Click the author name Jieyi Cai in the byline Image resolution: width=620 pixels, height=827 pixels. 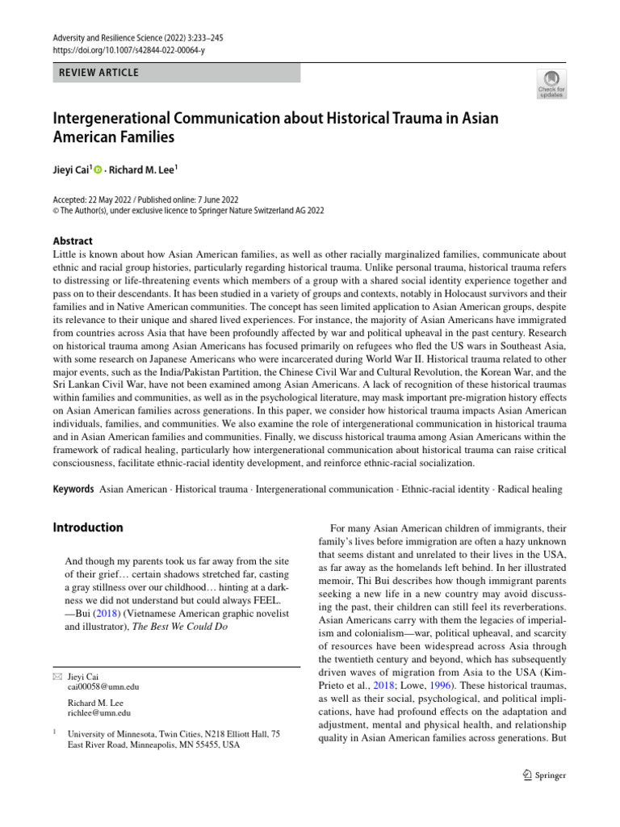pos(71,171)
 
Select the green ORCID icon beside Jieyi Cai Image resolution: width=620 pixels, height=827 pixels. pos(98,171)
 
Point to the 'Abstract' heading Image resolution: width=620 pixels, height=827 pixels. pos(73,241)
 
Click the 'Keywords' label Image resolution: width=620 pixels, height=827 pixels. pos(73,489)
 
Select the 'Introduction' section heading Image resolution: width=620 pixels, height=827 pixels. pos(88,527)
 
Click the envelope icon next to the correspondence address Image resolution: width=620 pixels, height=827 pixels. pos(57,677)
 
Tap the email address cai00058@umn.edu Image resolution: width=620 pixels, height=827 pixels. pos(103,686)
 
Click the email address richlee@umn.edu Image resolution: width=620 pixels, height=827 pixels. pos(100,713)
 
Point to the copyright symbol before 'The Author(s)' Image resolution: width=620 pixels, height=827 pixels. pos(56,211)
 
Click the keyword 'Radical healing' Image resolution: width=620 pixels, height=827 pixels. pos(530,489)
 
